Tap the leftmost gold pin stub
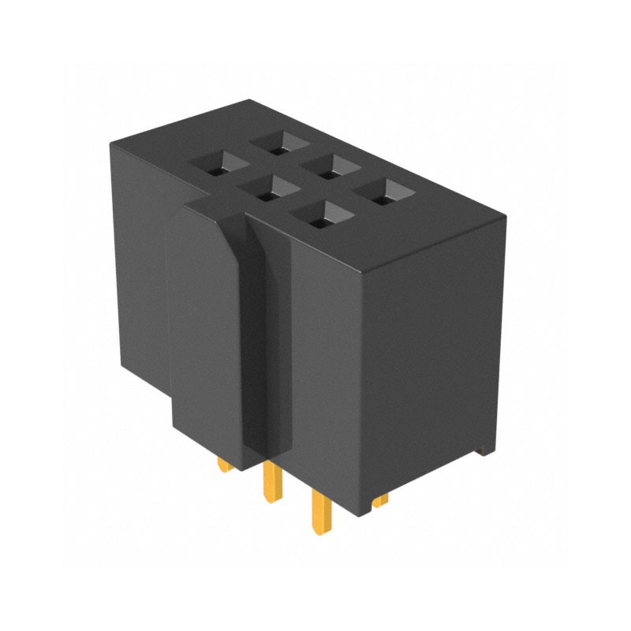(226, 465)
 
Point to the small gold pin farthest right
(381, 500)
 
